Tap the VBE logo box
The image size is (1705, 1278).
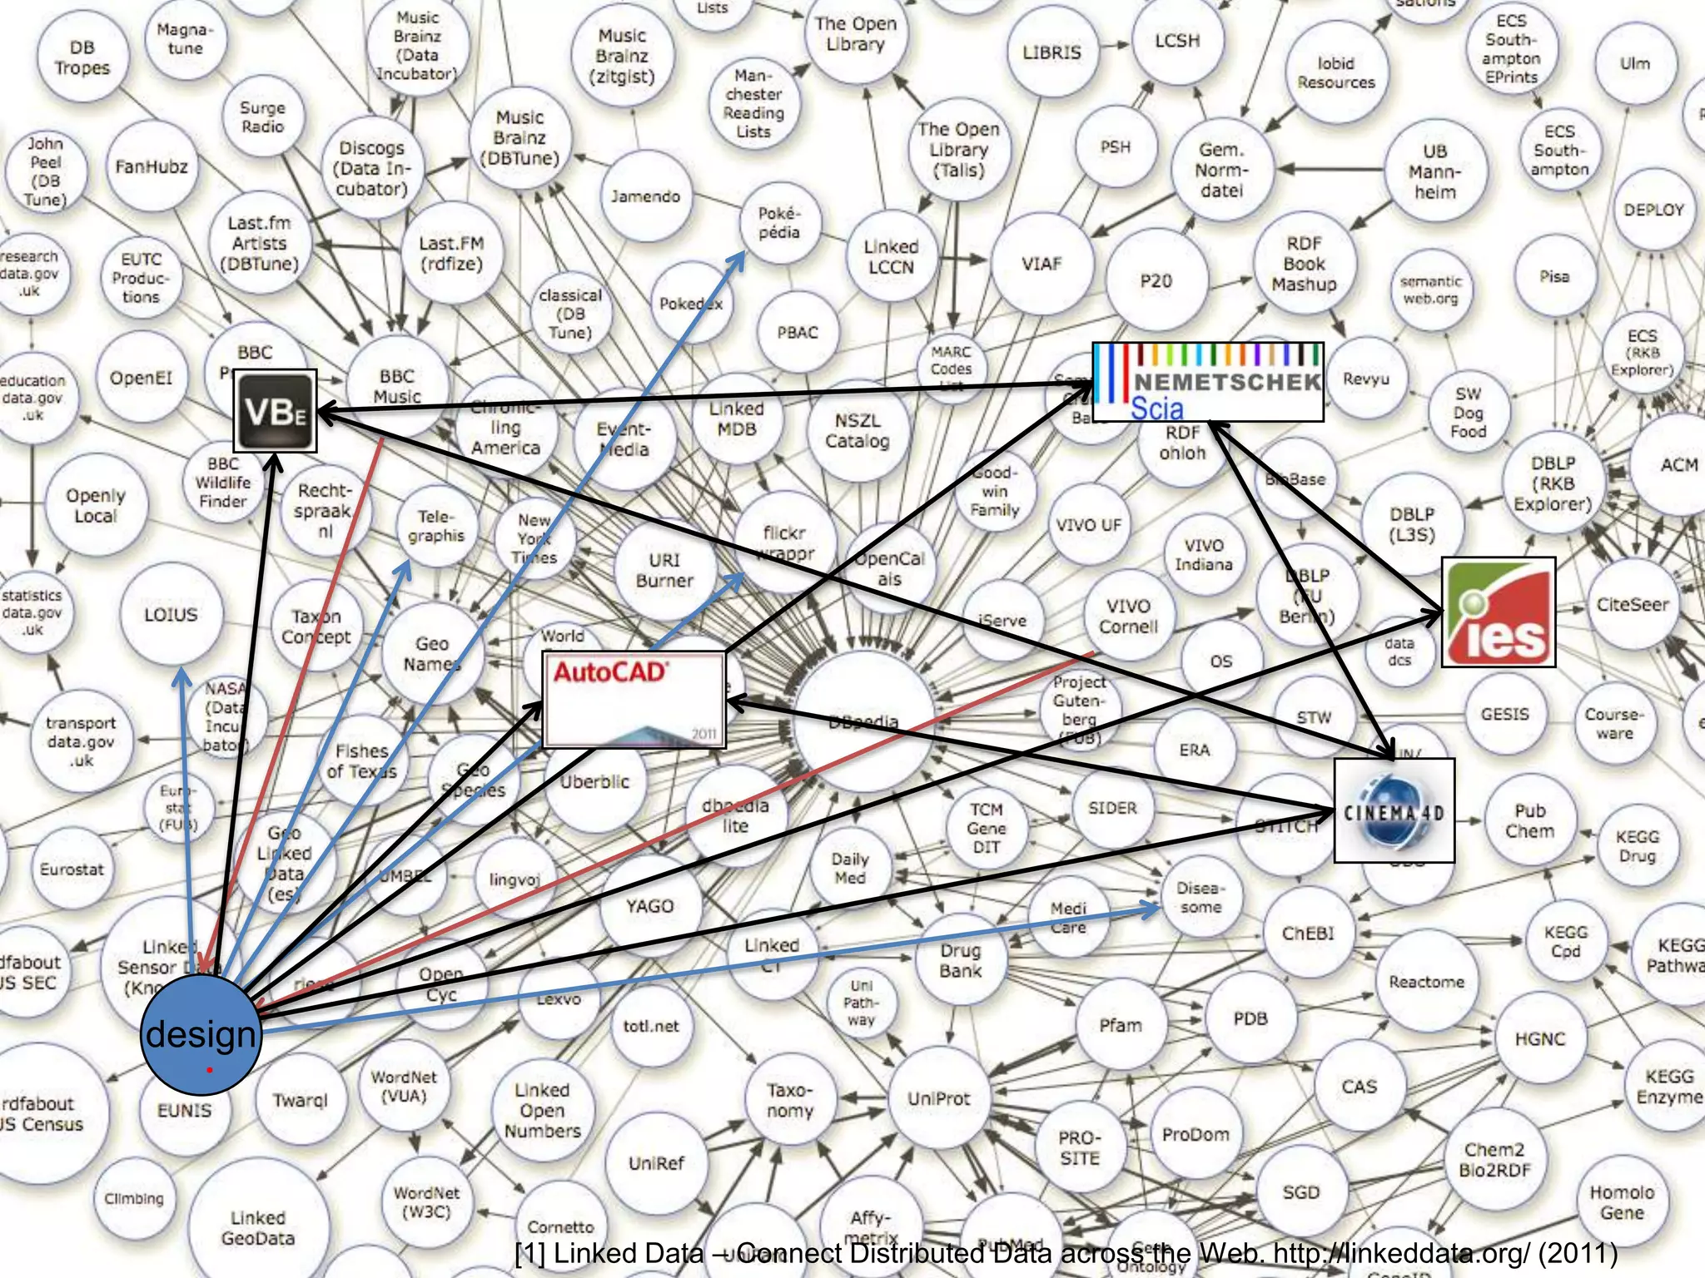tap(276, 411)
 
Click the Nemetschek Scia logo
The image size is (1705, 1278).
tap(1207, 382)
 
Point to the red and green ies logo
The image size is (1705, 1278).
tap(1499, 612)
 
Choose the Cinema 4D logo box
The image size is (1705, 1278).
tap(1394, 810)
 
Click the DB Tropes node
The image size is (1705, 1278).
tap(82, 57)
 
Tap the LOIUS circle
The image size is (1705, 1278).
tap(171, 615)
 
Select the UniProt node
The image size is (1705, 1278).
tap(939, 1098)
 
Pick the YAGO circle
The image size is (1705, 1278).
tap(650, 906)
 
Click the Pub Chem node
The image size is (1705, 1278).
tap(1530, 821)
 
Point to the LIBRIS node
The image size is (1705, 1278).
tap(1052, 52)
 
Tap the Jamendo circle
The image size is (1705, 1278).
tap(645, 196)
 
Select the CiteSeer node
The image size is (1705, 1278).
tap(1633, 605)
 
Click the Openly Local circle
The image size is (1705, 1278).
tap(96, 506)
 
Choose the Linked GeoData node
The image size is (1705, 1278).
tap(258, 1228)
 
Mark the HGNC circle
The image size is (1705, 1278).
tap(1540, 1038)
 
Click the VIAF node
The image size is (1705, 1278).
tap(1041, 264)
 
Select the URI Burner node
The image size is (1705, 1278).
tap(664, 571)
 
